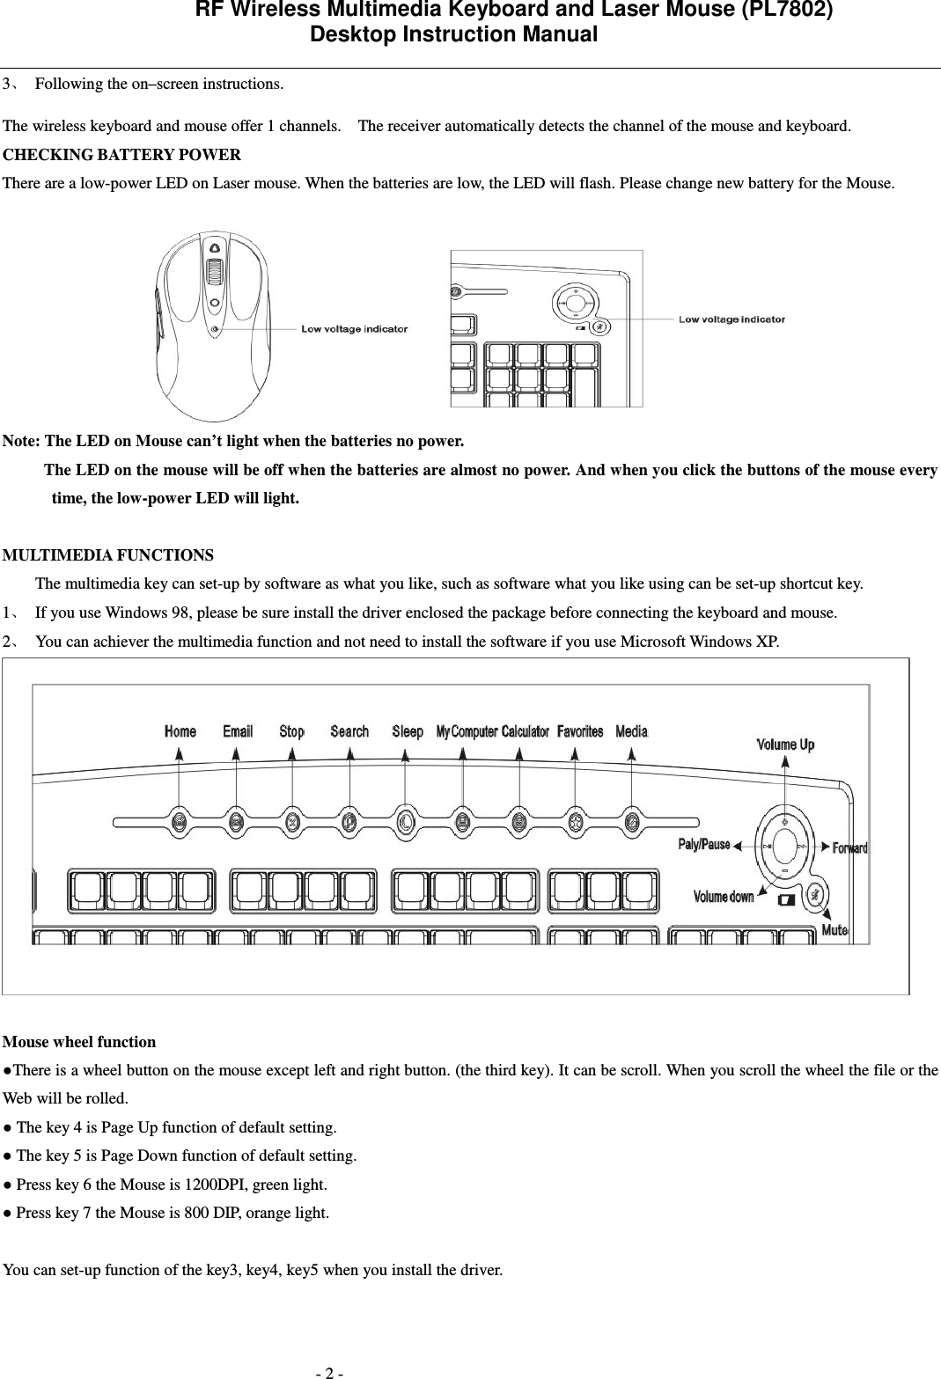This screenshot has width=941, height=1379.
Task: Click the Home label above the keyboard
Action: (180, 731)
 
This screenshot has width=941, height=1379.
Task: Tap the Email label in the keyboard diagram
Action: (238, 731)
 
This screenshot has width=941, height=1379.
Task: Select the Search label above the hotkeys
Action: (349, 731)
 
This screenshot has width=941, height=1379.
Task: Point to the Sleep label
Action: (408, 731)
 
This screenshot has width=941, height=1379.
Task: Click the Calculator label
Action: (526, 731)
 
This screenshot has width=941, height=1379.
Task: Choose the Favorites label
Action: (580, 731)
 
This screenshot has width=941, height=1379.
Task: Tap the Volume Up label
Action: (785, 745)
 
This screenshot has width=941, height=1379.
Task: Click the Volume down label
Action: (724, 897)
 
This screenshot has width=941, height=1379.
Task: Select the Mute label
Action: (834, 929)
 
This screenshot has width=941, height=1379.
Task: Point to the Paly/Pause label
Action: (703, 845)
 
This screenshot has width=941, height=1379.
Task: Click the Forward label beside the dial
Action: (849, 848)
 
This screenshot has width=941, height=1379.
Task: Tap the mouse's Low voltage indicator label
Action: (355, 329)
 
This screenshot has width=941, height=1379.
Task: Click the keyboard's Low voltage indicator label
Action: (731, 319)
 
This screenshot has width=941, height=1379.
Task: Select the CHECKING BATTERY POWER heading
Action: (122, 156)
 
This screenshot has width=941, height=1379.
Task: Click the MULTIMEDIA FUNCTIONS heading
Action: (108, 555)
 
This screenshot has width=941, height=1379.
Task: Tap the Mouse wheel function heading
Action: (80, 1042)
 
